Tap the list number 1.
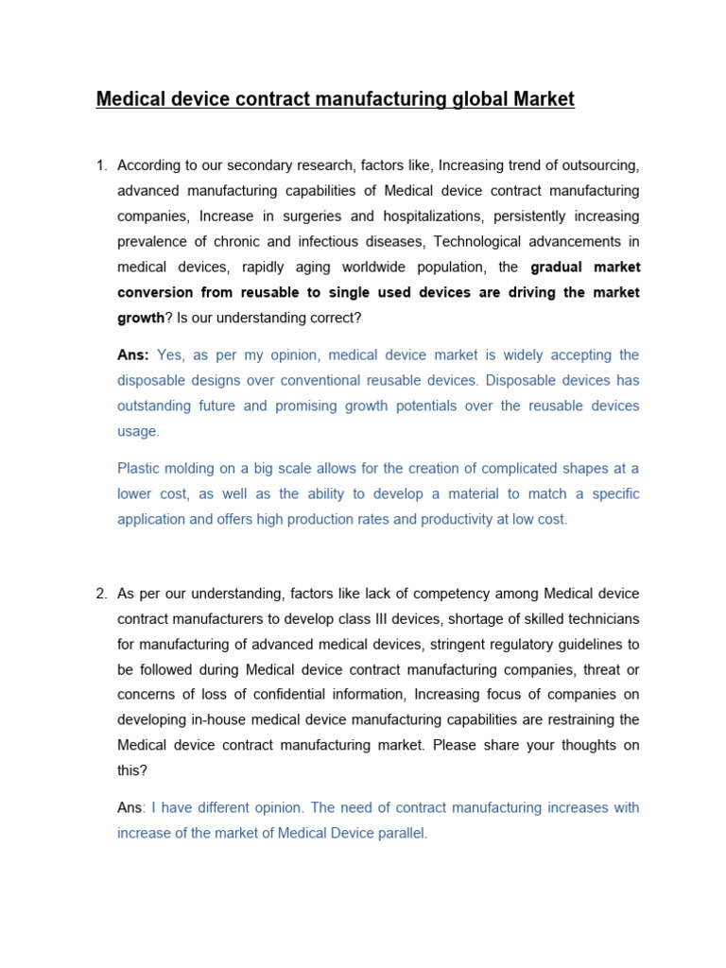click(x=101, y=165)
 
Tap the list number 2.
click(x=101, y=594)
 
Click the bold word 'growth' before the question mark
click(x=140, y=318)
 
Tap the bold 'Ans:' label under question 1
click(x=133, y=354)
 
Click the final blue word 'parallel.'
click(x=403, y=833)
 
